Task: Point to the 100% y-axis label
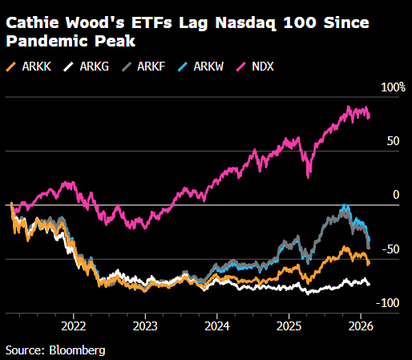pyautogui.click(x=393, y=87)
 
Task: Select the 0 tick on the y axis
pyautogui.click(x=394, y=196)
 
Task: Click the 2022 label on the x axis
pyautogui.click(x=74, y=326)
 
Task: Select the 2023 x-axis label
pyautogui.click(x=145, y=326)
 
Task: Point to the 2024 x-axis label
pyautogui.click(x=217, y=326)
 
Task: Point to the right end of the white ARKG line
pyautogui.click(x=370, y=284)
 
